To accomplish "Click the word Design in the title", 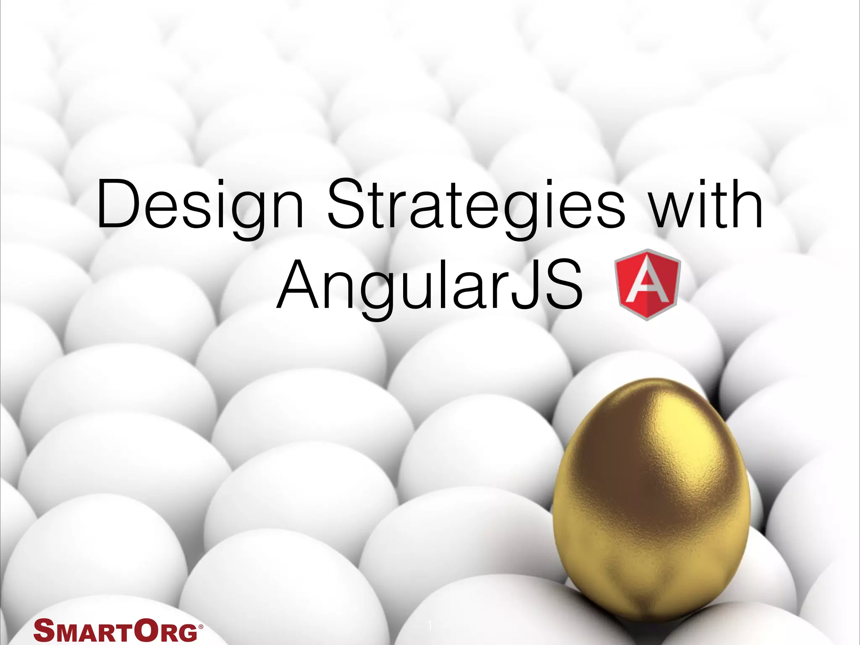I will click(x=200, y=206).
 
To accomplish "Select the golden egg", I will click(x=651, y=496).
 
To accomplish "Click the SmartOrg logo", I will click(x=118, y=630).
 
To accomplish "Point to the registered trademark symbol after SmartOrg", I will click(x=200, y=624).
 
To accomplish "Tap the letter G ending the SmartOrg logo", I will click(x=186, y=632).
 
